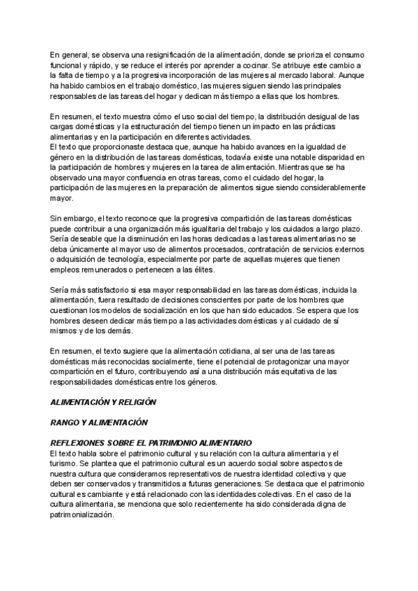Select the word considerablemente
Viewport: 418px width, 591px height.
pos(331,188)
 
